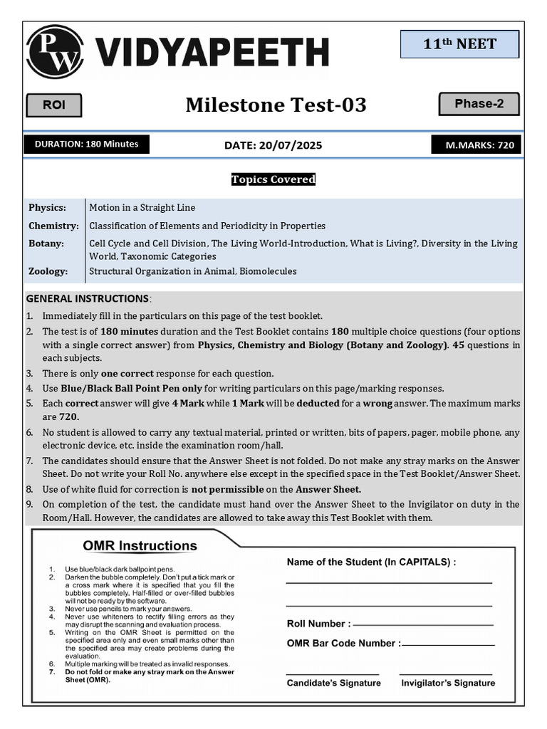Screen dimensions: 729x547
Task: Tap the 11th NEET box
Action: (459, 44)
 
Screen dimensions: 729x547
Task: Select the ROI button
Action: (54, 105)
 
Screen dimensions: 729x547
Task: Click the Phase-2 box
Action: (479, 104)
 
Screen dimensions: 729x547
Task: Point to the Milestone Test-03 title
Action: (276, 105)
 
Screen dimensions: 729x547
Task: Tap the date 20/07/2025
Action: (273, 145)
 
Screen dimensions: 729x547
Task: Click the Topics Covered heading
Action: (273, 179)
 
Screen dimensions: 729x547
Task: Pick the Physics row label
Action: (48, 208)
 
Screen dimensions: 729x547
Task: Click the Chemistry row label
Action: (53, 226)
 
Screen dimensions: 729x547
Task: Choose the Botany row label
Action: (46, 243)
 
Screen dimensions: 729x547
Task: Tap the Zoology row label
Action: (48, 271)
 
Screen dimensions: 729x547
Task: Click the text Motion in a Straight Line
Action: (142, 208)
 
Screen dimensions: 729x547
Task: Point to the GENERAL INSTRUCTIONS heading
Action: (87, 298)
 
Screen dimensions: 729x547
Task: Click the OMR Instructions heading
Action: (140, 546)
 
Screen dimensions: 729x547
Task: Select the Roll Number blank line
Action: (423, 625)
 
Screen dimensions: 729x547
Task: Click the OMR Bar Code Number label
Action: (343, 643)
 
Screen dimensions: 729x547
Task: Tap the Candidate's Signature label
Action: (333, 683)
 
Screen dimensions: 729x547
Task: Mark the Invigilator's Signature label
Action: (448, 683)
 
